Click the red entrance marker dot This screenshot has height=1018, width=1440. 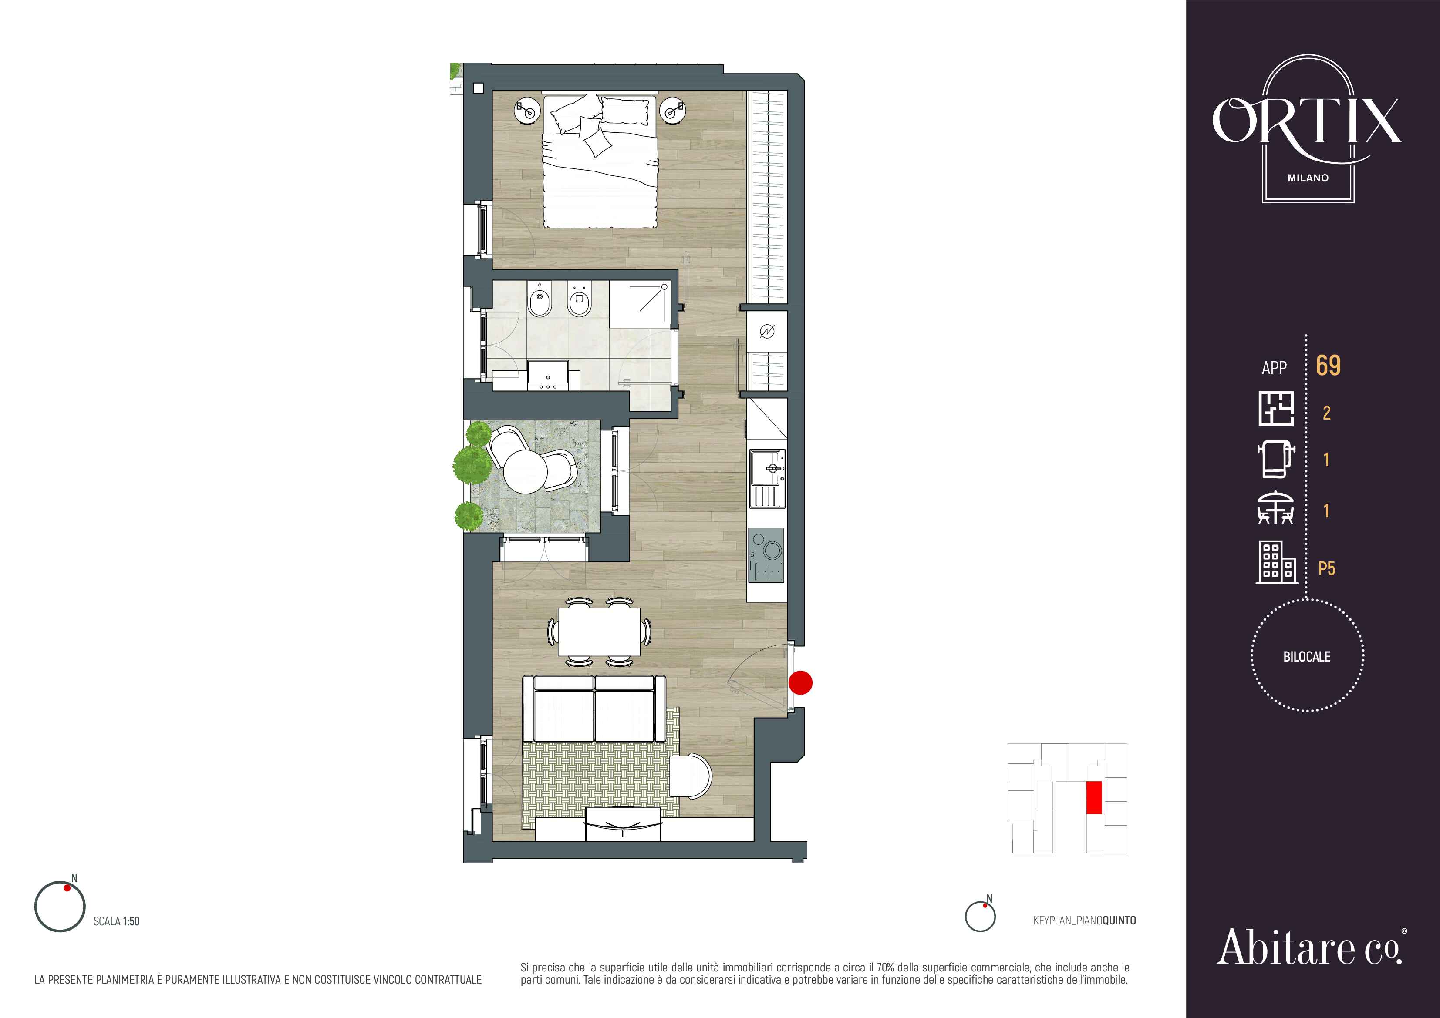pos(800,682)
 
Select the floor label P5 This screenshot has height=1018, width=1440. pos(1326,568)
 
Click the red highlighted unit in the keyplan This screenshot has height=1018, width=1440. pos(1094,797)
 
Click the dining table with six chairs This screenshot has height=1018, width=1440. pos(599,631)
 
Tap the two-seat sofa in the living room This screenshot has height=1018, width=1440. pos(594,709)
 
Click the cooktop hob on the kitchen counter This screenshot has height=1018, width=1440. pos(766,555)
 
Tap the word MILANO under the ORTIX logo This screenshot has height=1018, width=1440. pos(1308,178)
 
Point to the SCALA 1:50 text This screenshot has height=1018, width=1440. pos(117,921)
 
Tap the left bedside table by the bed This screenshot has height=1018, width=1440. pos(527,112)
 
